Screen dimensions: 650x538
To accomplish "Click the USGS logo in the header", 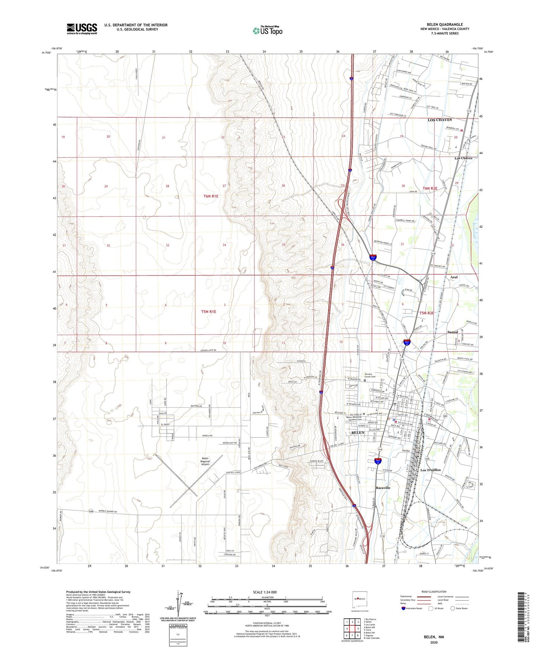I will [82, 29].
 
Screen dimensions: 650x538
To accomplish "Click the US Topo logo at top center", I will [267, 31].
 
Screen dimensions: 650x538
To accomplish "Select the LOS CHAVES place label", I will [439, 120].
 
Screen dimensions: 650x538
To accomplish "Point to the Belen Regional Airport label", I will [205, 462].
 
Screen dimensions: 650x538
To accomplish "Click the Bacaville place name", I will [383, 488].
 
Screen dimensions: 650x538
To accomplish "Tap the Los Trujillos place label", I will [430, 470].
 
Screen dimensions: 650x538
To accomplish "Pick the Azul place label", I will [454, 277].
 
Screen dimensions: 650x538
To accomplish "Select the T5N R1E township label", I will [208, 312].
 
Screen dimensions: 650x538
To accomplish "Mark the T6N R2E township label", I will [430, 189].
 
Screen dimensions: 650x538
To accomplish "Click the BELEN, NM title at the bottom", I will [434, 637].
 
